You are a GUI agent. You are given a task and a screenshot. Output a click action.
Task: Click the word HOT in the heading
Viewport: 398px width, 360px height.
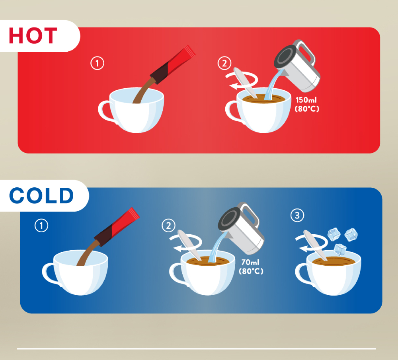33,35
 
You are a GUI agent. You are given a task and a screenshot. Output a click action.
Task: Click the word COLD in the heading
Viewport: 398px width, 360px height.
41,195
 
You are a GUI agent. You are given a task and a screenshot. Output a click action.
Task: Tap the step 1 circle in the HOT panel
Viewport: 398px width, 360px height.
97,63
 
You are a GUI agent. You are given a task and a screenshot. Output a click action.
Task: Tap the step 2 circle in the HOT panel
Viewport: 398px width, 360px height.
224,63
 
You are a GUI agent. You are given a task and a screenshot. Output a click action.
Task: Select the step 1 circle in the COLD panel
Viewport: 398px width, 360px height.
41,225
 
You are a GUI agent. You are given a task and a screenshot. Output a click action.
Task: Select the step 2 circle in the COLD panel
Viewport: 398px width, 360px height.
168,225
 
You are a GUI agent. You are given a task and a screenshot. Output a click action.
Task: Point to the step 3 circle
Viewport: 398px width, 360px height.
297,215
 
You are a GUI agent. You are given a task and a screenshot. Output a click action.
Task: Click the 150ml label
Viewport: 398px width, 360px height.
306,100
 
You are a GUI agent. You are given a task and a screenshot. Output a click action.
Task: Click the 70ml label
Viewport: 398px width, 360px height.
250,262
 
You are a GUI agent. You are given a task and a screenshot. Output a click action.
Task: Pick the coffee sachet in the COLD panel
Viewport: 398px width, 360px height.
117,227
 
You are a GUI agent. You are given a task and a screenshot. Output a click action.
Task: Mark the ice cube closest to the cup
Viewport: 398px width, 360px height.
340,249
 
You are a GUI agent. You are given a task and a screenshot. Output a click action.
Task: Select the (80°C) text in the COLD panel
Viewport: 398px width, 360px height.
251,271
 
